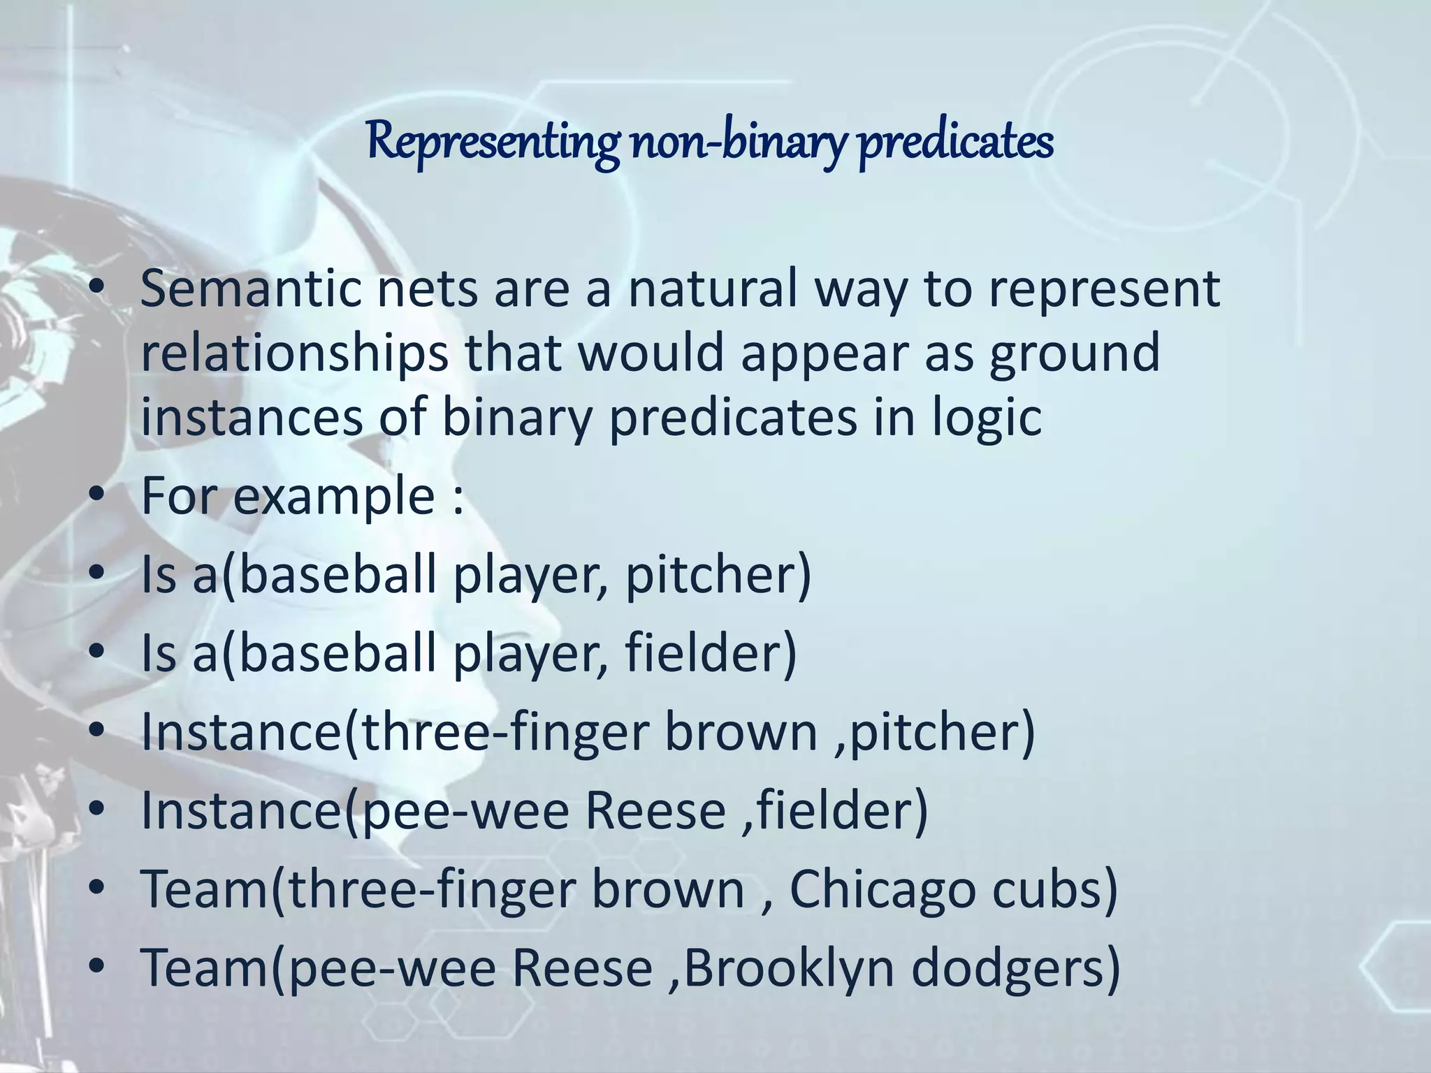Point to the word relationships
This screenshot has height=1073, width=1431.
294,353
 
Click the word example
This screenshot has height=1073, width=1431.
334,497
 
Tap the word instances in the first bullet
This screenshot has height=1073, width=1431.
252,418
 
